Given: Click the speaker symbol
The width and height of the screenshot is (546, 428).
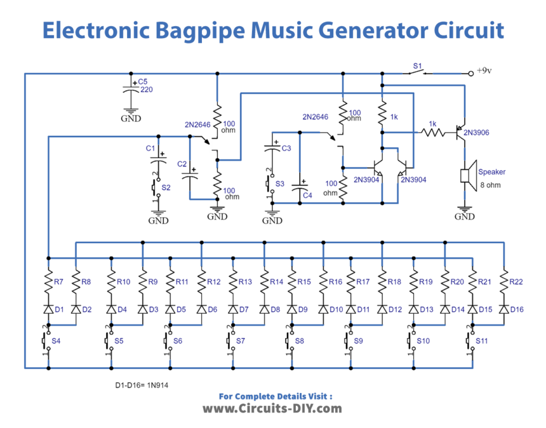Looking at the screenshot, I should coord(467,176).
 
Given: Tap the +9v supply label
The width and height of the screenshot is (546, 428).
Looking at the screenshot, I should coord(485,71).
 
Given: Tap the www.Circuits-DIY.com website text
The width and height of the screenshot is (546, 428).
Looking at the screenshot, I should coord(272,408).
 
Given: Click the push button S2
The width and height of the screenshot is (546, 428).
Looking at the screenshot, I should coord(157,188).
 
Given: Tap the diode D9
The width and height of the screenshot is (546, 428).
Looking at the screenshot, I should coord(291,309).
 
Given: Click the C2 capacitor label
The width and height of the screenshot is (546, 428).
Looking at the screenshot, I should coord(183,163).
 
